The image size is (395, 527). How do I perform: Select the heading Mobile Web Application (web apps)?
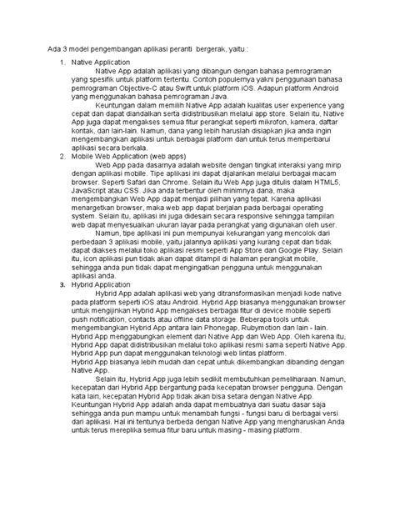(125, 155)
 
